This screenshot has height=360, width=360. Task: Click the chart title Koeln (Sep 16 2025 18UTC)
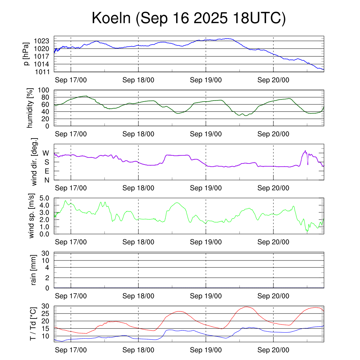[188, 18]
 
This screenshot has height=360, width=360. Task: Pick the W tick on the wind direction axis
[46, 153]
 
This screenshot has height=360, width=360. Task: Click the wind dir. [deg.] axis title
[34, 162]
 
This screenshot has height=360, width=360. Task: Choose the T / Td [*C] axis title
[33, 323]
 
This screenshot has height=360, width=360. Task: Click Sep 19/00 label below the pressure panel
[206, 80]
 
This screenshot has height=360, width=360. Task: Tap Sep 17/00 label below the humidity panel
[71, 134]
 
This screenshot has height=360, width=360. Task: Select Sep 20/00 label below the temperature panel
[273, 350]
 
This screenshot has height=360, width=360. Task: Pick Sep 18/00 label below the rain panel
[138, 296]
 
